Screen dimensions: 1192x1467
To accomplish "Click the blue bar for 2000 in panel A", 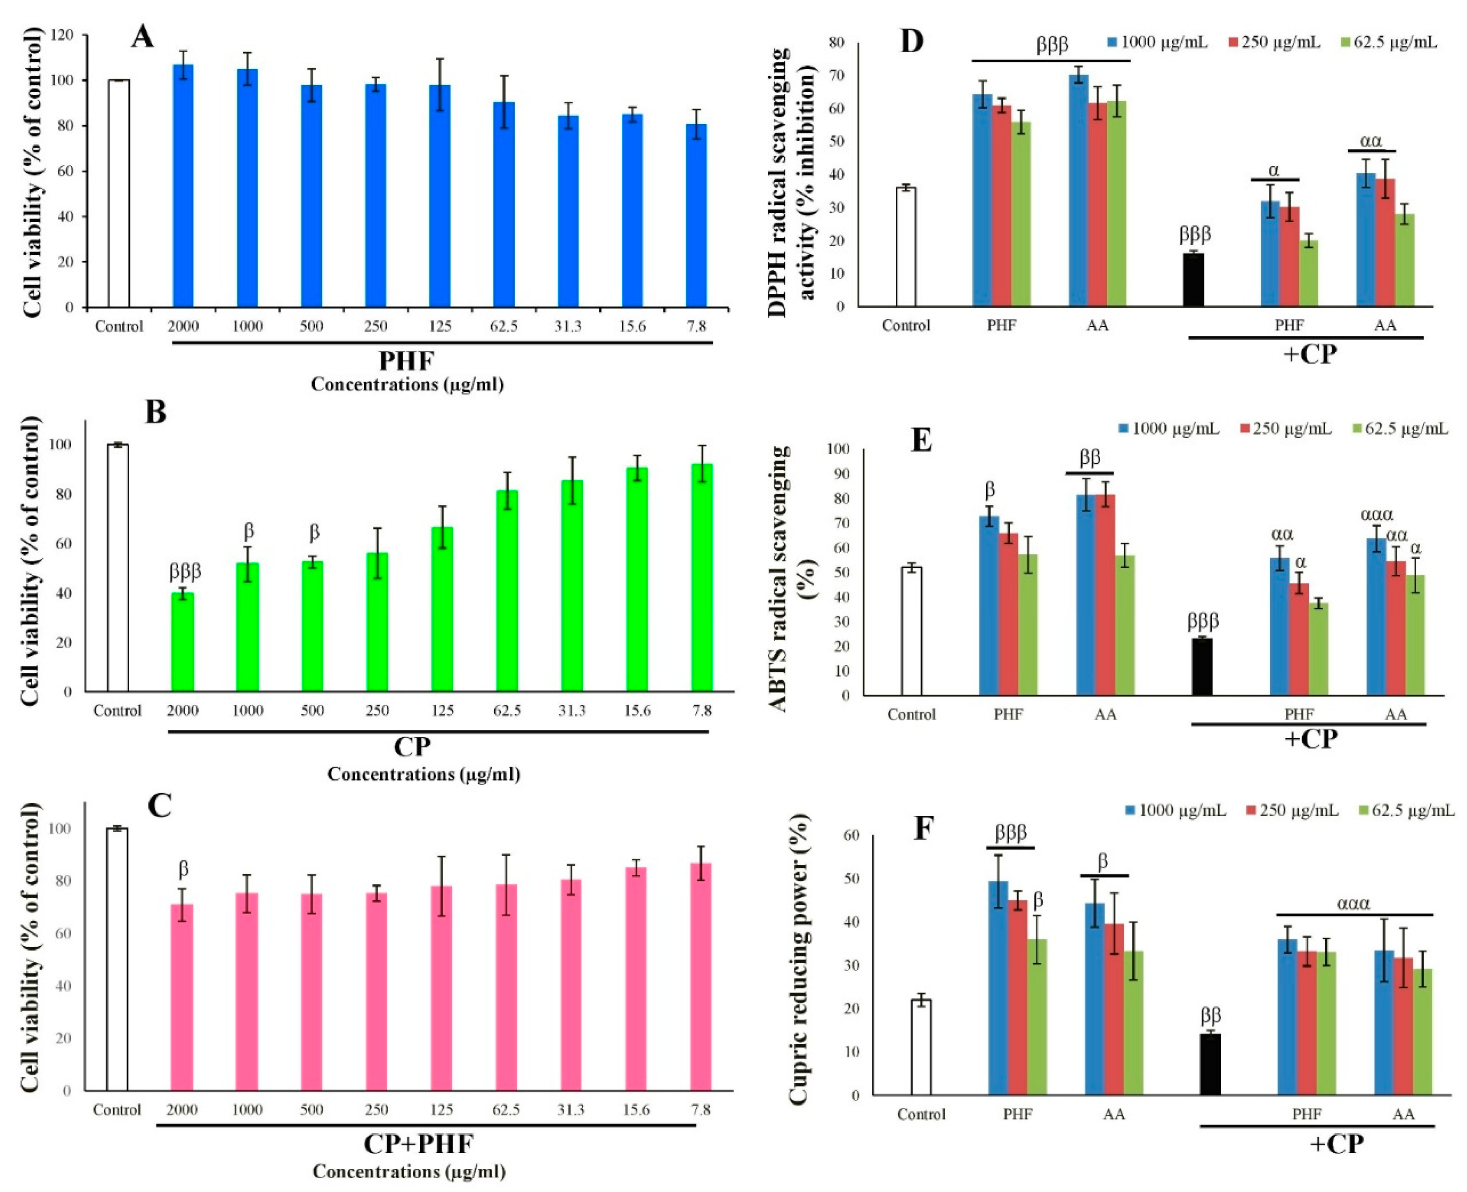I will (x=183, y=185).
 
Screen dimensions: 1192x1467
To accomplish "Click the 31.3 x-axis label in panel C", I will (x=570, y=1110).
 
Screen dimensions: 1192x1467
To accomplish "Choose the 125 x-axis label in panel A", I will (x=440, y=326).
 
